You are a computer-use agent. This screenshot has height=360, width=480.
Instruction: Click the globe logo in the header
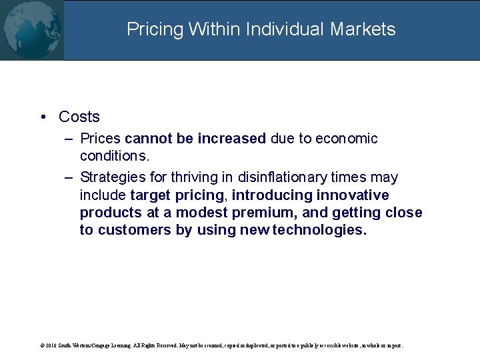click(x=31, y=30)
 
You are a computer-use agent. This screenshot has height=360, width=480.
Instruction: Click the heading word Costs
click(x=79, y=117)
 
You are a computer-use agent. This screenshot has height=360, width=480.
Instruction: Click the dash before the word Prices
click(x=69, y=139)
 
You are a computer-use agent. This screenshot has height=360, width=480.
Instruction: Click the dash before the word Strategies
click(x=69, y=178)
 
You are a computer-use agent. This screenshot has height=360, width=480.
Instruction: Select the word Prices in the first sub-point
click(x=100, y=139)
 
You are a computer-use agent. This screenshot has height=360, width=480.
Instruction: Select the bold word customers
click(x=136, y=230)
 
